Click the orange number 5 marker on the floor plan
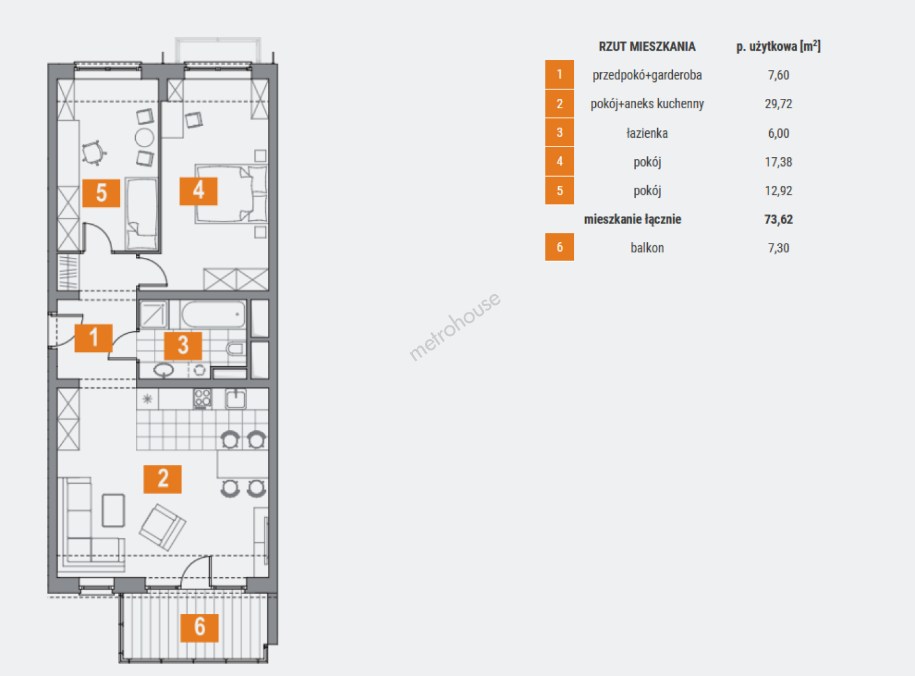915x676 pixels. (x=101, y=193)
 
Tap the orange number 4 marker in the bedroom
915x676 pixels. (x=198, y=191)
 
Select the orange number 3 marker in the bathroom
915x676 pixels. (x=183, y=346)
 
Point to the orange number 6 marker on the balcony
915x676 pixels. (x=200, y=628)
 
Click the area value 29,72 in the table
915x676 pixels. (x=779, y=103)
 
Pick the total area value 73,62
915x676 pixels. (x=779, y=219)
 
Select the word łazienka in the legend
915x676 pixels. (x=647, y=133)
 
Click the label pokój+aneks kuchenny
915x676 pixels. (x=647, y=103)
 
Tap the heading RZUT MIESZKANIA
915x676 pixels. (x=647, y=46)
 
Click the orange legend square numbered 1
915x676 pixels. (x=560, y=74)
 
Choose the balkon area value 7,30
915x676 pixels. (x=779, y=248)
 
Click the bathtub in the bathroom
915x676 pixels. (x=213, y=314)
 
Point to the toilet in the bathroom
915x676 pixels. (x=235, y=349)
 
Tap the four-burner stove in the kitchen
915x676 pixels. (x=202, y=399)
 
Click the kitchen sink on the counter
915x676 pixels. (x=235, y=399)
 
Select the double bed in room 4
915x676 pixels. (x=231, y=194)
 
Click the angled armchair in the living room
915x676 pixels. (x=163, y=527)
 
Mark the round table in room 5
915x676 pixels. (x=145, y=138)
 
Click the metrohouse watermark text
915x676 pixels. (x=454, y=327)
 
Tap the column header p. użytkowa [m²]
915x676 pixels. (x=779, y=46)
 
